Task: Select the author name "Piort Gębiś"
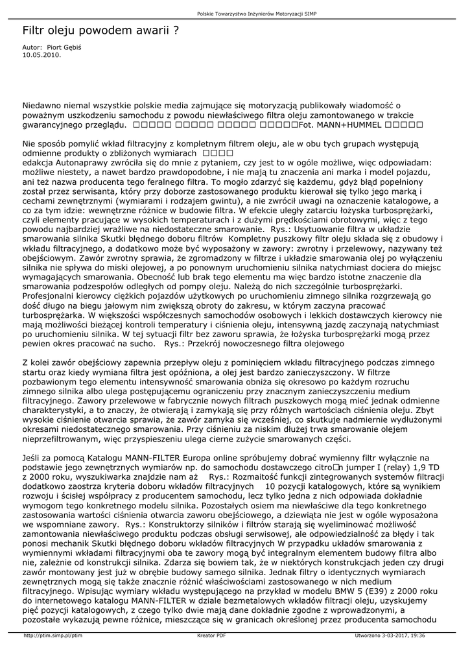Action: [x=72, y=47]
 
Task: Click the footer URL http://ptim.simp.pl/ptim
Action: [x=53, y=635]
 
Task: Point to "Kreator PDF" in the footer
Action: [x=211, y=635]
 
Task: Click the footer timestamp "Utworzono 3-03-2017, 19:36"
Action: [x=390, y=635]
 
